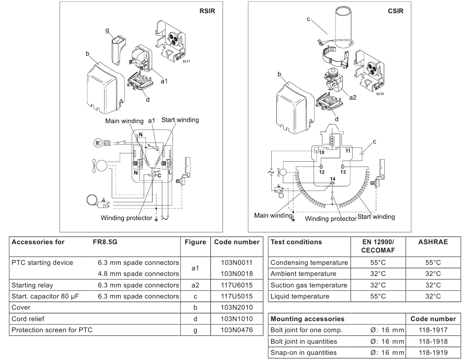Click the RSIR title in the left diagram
(207, 11)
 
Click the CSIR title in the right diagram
(395, 11)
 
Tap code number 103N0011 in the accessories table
(237, 262)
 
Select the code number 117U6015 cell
(237, 285)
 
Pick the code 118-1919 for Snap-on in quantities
(433, 352)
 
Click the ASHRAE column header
(433, 242)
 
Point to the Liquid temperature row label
(300, 297)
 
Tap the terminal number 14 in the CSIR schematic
(333, 179)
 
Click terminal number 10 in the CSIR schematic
(322, 153)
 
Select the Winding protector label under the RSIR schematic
(126, 218)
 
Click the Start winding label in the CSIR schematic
(376, 216)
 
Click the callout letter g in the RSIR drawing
(107, 30)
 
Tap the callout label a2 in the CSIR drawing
(353, 98)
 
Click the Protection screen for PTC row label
(52, 330)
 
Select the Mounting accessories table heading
(307, 319)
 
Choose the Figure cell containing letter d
(195, 319)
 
